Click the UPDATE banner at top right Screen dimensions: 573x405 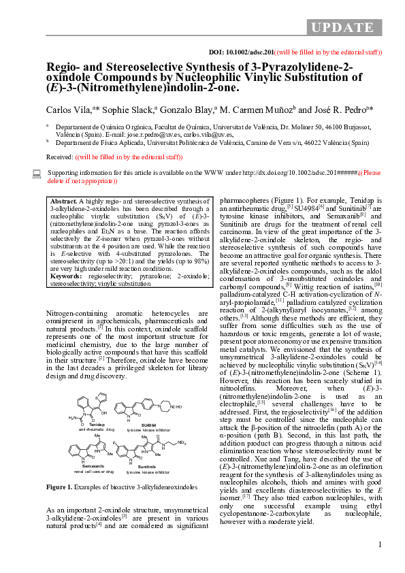click(344, 27)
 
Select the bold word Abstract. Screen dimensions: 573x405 click(64, 202)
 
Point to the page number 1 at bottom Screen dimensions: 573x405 click(380, 544)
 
